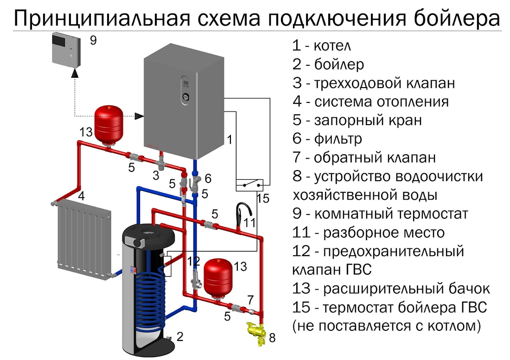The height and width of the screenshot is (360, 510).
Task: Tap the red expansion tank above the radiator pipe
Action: [109, 123]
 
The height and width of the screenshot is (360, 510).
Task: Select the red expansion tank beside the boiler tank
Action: [218, 276]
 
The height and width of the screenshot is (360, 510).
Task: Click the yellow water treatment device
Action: [254, 332]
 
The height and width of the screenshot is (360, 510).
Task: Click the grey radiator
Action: [83, 239]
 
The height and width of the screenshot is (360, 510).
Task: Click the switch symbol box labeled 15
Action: [249, 185]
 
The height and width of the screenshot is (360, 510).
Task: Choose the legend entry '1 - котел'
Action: [321, 46]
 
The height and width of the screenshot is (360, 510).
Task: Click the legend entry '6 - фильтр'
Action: [327, 138]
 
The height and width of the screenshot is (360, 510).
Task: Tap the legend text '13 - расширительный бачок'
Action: [391, 288]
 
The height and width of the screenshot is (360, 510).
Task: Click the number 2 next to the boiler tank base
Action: [180, 336]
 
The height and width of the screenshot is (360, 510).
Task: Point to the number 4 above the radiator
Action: [81, 196]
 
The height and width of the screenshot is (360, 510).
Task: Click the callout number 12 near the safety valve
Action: [194, 261]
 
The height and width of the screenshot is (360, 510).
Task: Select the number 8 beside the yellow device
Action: [272, 338]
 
